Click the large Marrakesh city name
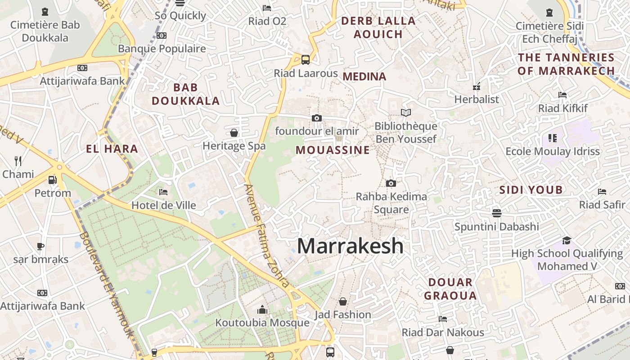pos(350,246)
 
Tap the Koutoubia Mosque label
pos(262,323)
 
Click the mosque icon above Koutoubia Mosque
pos(262,310)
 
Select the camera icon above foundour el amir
pos(317,118)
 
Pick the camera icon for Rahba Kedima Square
pos(391,183)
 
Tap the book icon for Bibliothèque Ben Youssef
pos(406,112)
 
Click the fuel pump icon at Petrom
pos(53,180)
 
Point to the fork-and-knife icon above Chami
pos(18,161)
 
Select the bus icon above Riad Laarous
pos(306,59)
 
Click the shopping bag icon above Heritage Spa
pos(234,133)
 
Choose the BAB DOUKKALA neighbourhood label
pos(186,94)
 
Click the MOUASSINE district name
pos(333,150)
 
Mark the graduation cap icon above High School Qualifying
pos(567,241)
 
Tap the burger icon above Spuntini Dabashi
pos(497,213)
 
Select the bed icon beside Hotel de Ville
pos(163,193)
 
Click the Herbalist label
pos(477,99)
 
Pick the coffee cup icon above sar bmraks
pos(40,246)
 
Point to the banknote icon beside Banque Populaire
pos(162,36)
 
